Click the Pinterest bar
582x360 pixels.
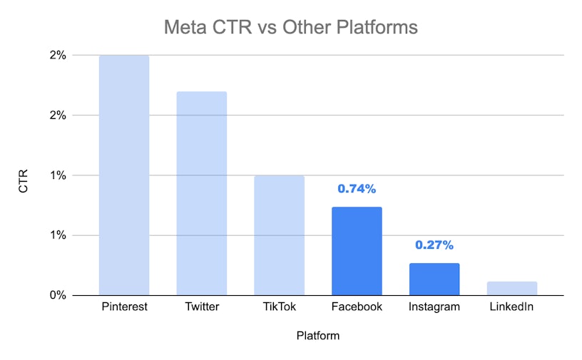coord(124,175)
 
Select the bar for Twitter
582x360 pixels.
coord(202,193)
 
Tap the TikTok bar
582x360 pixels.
coord(279,235)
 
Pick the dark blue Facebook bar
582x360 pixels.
coord(357,251)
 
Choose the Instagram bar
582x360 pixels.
coord(434,279)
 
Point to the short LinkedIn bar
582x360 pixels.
coord(512,288)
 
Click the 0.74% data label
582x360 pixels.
coord(357,189)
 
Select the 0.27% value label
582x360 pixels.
coord(434,245)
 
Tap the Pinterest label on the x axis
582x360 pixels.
coord(124,307)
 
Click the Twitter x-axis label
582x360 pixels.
coord(202,307)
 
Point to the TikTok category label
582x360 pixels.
coord(279,307)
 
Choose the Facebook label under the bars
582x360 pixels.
coord(357,307)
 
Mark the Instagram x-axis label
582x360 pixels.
coord(434,307)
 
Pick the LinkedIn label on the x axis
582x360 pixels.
coord(512,307)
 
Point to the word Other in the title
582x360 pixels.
coord(303,28)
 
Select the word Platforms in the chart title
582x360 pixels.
coord(375,28)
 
